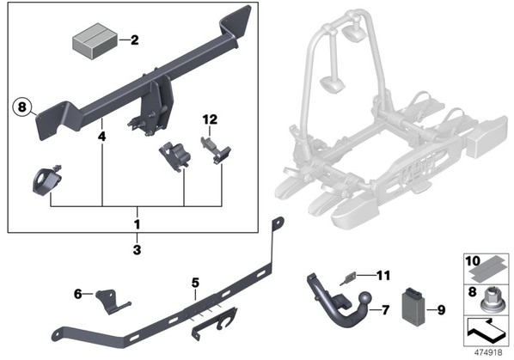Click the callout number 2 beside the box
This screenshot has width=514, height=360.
(x=134, y=40)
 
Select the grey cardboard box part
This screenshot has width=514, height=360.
(x=95, y=41)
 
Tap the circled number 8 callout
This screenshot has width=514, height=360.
(x=21, y=107)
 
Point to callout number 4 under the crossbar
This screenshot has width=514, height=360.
(x=102, y=137)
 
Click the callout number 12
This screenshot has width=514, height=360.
(x=210, y=119)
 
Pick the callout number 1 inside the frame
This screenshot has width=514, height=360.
(x=137, y=224)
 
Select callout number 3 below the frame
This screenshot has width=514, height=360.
(x=137, y=250)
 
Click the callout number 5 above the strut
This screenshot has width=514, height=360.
(x=195, y=282)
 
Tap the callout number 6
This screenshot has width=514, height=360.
(x=77, y=294)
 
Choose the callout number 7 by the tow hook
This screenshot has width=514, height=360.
(x=385, y=309)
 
